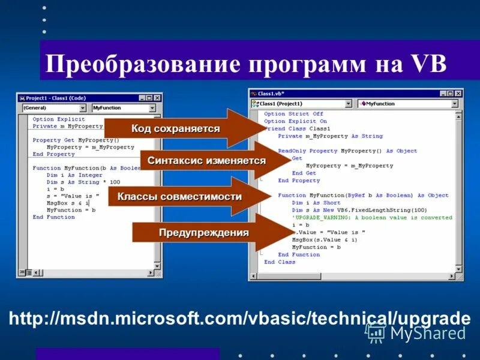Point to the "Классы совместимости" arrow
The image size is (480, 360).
pos(179,196)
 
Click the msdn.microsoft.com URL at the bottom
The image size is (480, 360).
pos(239,319)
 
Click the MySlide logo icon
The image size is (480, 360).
pos(376,332)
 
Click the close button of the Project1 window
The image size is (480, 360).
pos(157,98)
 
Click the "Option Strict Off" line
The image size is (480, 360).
pos(293,114)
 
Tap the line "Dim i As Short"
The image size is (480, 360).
pos(315,203)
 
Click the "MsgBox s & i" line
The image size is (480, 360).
pos(67,203)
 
